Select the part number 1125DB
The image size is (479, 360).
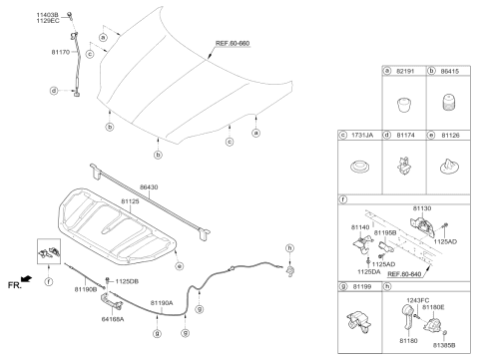(x=127, y=282)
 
